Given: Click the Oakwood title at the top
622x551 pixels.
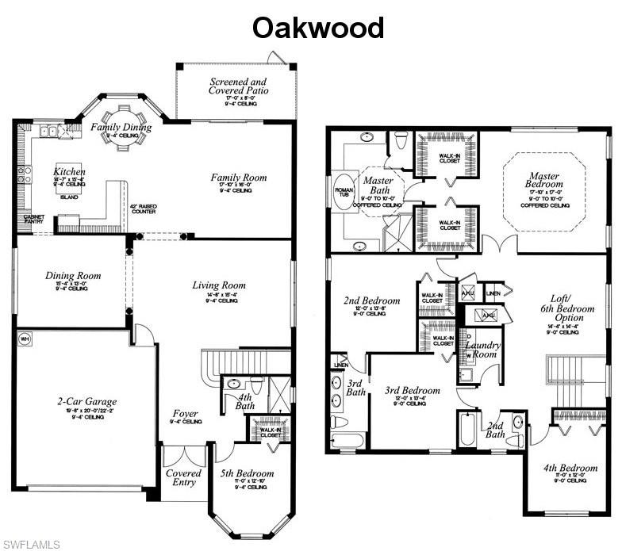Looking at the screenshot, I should click(x=318, y=28).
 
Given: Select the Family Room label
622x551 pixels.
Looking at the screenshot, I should click(x=239, y=178).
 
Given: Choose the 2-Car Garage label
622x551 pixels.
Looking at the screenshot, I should click(x=75, y=402).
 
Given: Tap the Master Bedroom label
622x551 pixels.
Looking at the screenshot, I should click(x=545, y=181).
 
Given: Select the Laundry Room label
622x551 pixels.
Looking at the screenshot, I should click(x=481, y=350).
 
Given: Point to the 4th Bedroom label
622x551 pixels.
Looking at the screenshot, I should click(x=565, y=467).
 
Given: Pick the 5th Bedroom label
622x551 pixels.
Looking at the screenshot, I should click(x=247, y=474).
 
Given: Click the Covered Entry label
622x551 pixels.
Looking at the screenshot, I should click(x=183, y=478).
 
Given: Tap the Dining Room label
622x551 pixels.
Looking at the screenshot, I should click(x=73, y=276).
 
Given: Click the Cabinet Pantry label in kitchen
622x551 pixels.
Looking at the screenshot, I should click(x=33, y=220).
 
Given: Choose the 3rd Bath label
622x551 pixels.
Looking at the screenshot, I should click(x=355, y=388).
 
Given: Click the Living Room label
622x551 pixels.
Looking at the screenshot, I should click(x=219, y=285).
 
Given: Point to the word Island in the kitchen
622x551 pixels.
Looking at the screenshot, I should click(x=69, y=197).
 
